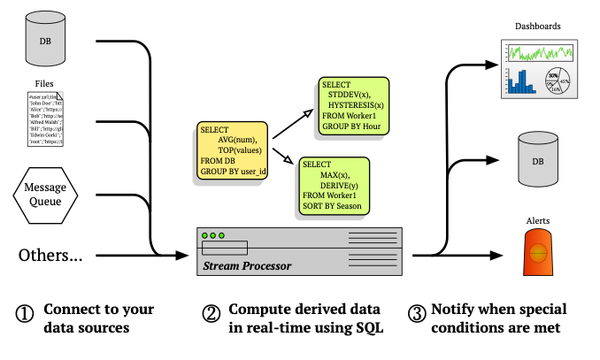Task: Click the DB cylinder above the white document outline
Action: tap(45, 39)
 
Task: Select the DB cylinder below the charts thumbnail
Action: tap(537, 159)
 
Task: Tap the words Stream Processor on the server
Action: tap(247, 265)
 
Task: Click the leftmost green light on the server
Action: tap(204, 235)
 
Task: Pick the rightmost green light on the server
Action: tap(221, 235)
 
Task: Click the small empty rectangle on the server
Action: tap(225, 248)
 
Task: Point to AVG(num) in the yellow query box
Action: tap(236, 140)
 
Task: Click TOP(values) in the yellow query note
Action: tap(242, 150)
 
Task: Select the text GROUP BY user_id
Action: tap(233, 172)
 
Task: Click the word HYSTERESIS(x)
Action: tap(355, 105)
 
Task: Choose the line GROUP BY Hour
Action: tap(350, 126)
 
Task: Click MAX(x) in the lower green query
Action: tap(335, 175)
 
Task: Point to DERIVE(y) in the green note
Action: tap(339, 186)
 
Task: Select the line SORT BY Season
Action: tap(332, 206)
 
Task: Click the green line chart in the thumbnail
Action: tap(539, 53)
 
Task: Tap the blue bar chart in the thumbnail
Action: tap(521, 82)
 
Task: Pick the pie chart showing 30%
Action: tap(557, 80)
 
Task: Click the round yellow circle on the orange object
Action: tap(538, 253)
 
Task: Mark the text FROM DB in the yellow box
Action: tap(218, 161)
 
